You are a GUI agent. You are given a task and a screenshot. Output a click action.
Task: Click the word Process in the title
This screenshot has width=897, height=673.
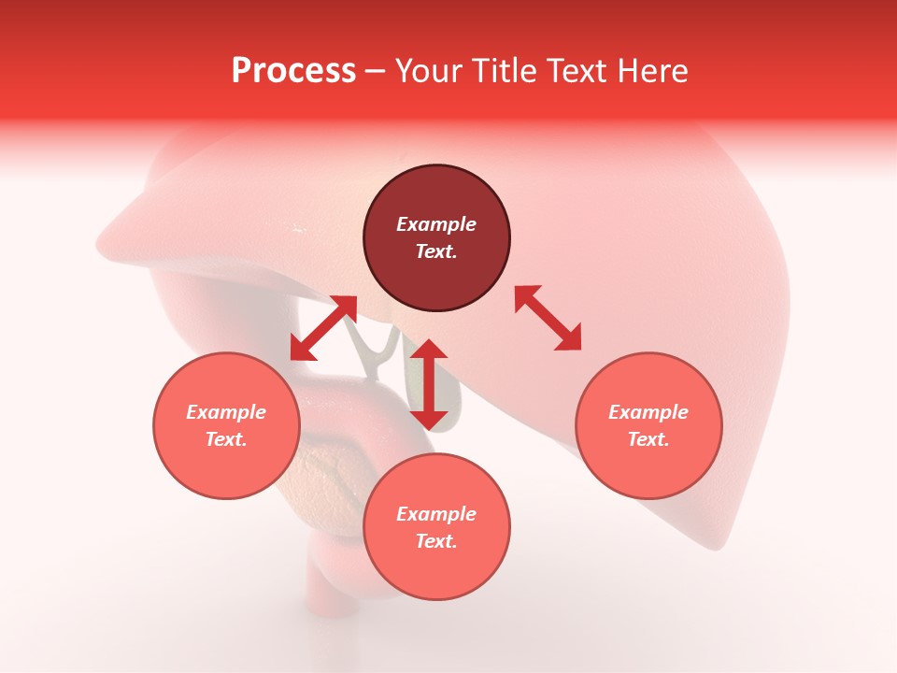pos(293,71)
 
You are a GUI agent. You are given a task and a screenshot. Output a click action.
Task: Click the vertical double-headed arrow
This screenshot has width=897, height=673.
pos(429,384)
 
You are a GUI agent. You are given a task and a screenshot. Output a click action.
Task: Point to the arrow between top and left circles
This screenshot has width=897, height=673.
pos(323,327)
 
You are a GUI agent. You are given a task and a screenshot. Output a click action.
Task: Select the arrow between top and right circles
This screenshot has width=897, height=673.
pos(548,318)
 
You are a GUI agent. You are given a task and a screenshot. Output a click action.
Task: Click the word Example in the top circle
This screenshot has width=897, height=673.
pos(436,224)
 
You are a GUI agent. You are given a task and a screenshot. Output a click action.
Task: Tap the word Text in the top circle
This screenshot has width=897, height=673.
pos(434,251)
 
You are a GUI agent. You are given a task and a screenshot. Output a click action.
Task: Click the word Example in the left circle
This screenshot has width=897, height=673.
pos(226,412)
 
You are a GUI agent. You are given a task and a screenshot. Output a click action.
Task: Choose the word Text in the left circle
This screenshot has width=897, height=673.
pos(225,439)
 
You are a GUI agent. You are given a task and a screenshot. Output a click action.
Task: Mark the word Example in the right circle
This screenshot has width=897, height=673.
pos(648,412)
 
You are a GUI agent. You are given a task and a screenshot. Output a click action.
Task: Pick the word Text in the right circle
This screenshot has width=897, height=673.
pos(648,439)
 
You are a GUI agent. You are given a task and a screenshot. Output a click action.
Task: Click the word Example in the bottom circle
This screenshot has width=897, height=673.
pos(436,514)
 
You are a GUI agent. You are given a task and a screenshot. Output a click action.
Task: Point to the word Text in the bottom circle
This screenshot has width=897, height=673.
pos(434,541)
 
